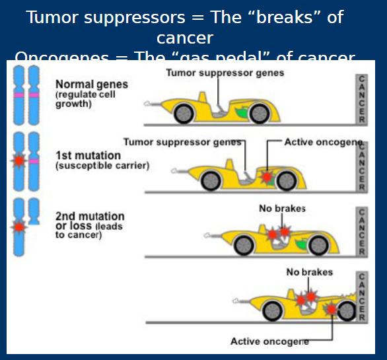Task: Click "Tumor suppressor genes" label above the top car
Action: tap(225, 73)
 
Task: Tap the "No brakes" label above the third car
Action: tap(282, 209)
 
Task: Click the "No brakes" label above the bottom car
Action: tap(309, 271)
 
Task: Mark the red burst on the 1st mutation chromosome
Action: tap(19, 160)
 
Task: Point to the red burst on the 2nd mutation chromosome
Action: tap(19, 226)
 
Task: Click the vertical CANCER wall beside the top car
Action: tap(361, 99)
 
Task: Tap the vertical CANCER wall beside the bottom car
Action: tap(361, 297)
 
